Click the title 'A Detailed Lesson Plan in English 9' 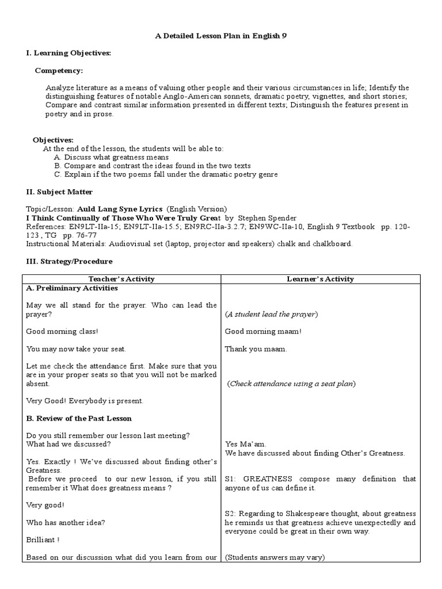[x=221, y=36]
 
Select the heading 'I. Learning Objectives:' [x=68, y=53]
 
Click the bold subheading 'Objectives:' [x=53, y=140]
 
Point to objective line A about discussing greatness [x=111, y=157]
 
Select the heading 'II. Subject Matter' [x=59, y=192]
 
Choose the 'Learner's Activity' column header [x=321, y=279]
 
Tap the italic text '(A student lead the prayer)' [x=271, y=314]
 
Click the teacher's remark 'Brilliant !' [x=43, y=540]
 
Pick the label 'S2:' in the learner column [x=231, y=514]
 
